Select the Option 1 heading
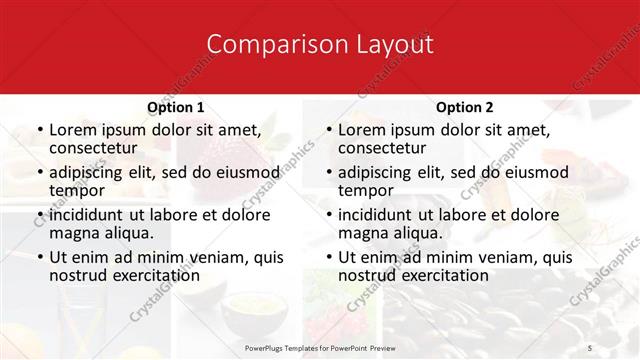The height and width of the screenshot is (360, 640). [x=175, y=107]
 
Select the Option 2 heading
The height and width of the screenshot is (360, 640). [x=464, y=107]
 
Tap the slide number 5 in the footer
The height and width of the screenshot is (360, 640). [x=590, y=346]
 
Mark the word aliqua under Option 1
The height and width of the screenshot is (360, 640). [x=128, y=233]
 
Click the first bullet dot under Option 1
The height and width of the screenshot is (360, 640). [x=38, y=131]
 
